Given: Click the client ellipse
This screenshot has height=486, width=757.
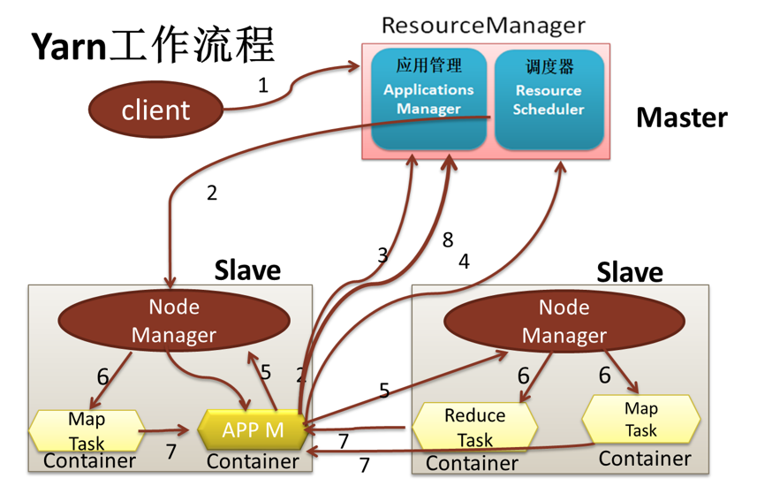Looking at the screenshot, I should tap(155, 110).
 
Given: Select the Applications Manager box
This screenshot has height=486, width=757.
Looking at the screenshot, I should tap(428, 99).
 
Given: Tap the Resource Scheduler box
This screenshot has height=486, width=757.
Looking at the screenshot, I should tap(549, 99).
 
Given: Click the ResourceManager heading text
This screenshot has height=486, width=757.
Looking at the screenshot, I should tap(483, 24).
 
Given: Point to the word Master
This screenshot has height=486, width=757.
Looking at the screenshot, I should tap(681, 118).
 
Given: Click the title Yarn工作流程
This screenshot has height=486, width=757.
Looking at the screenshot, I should tap(153, 46).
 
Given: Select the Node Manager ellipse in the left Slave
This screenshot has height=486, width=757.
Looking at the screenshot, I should tap(173, 321).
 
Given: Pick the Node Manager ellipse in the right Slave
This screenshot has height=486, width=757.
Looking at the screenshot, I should tap(564, 321).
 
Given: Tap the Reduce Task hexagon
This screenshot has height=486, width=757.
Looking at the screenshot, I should tap(474, 427).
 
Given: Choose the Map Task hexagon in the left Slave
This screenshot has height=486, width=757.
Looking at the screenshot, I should tap(87, 430).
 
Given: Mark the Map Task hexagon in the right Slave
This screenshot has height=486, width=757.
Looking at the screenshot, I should tap(640, 420).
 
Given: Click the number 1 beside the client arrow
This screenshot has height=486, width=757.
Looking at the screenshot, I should tap(262, 86).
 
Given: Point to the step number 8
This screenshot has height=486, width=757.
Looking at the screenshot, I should tap(448, 239).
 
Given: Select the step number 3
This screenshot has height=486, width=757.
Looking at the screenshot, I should tap(382, 255).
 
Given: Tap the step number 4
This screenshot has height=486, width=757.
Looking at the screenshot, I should tap(464, 262).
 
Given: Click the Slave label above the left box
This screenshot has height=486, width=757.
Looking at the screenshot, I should tap(247, 270).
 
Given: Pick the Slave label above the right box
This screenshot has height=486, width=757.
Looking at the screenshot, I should tap(630, 271).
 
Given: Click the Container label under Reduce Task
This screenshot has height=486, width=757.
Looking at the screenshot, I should tap(472, 463).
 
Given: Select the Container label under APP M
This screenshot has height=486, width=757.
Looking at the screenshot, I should tap(253, 461).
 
